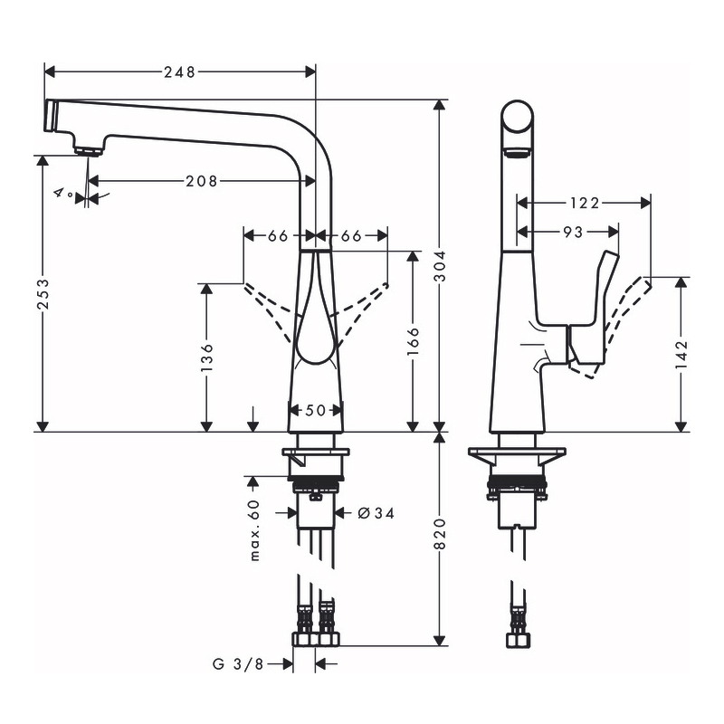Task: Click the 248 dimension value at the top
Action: tap(179, 72)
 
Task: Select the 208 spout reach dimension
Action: tap(201, 181)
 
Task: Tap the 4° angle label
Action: tap(63, 193)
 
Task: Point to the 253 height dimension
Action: tap(43, 293)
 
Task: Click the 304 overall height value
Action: tap(441, 266)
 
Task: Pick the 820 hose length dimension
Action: tap(441, 534)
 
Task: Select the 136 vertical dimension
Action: tap(207, 357)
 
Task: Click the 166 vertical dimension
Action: tap(414, 341)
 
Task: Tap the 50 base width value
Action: tap(315, 410)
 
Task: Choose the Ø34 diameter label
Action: tap(376, 513)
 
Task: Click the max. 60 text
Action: tap(254, 530)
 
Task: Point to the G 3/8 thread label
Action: tap(238, 664)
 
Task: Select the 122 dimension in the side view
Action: tap(584, 203)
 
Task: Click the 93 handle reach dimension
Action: tap(573, 232)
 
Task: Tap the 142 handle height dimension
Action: tap(681, 354)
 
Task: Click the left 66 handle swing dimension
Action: tap(278, 236)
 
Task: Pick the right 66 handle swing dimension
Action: tap(351, 236)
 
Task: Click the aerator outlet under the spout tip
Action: tap(88, 151)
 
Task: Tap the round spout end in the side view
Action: tap(517, 117)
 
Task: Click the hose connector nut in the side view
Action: tap(518, 640)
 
